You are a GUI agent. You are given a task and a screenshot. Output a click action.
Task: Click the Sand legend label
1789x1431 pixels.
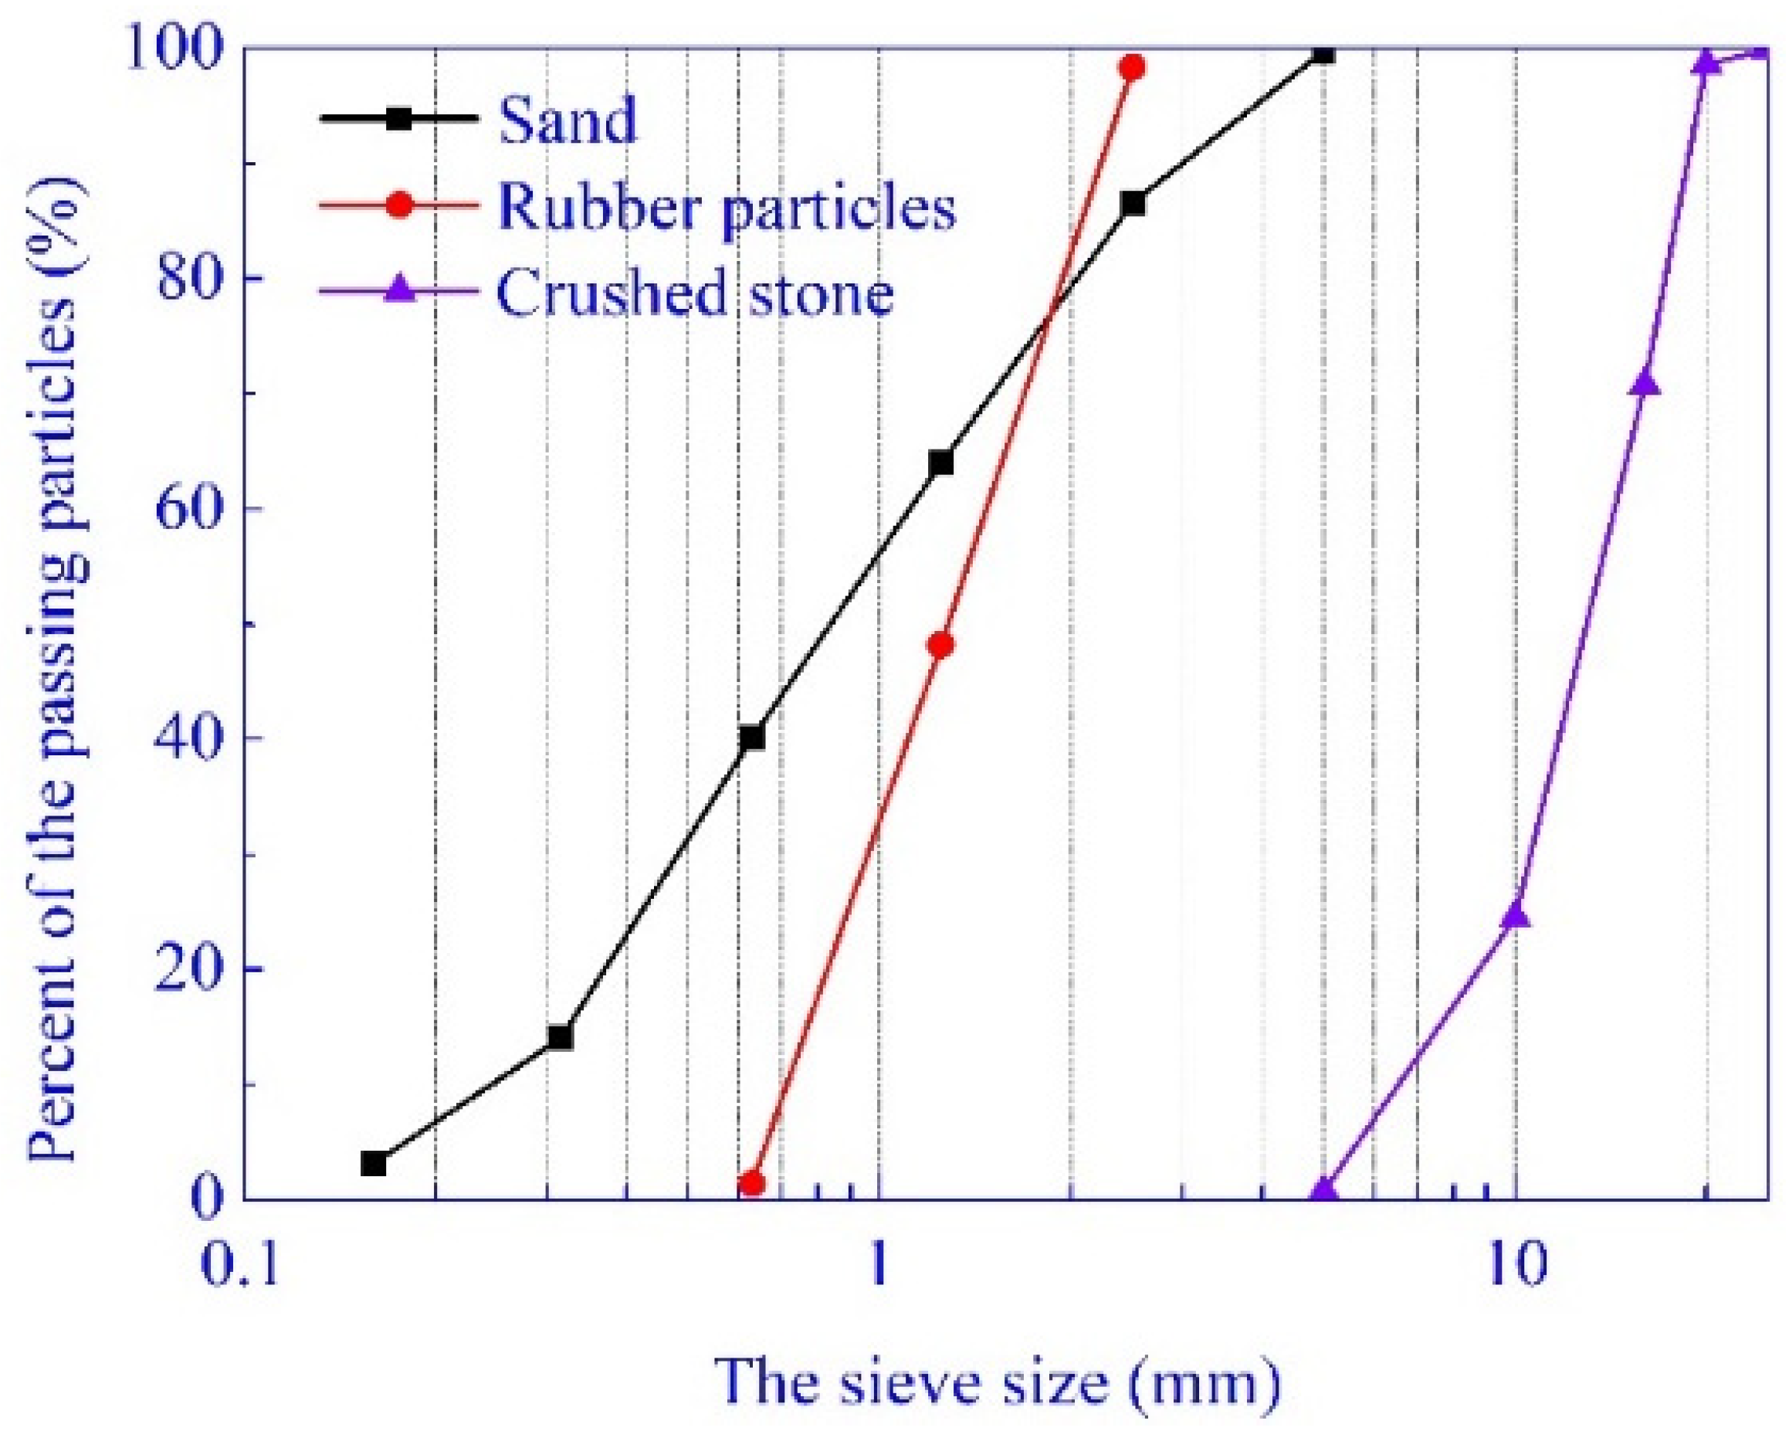(568, 121)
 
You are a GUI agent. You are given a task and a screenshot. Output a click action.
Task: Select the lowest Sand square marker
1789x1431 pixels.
(374, 1164)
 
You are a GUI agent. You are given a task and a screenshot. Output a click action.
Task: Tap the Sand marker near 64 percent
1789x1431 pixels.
(941, 463)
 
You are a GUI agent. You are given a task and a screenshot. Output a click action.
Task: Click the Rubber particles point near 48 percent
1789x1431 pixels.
(941, 645)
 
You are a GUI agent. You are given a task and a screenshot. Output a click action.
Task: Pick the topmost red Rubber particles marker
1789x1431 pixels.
(1132, 67)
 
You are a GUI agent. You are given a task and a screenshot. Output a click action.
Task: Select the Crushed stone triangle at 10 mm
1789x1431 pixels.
(1516, 914)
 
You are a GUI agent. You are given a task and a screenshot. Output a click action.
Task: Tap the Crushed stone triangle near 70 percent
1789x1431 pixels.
(1645, 384)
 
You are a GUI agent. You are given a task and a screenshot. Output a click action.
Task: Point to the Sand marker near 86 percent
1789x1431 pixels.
(1133, 203)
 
